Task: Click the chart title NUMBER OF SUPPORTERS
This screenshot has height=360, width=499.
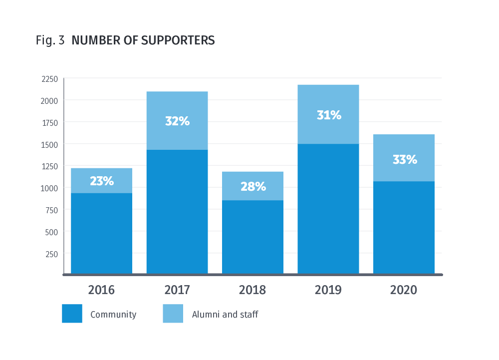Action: pos(143,41)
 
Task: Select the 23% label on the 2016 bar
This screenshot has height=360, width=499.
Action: pos(102,181)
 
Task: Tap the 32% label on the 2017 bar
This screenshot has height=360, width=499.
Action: pos(177,121)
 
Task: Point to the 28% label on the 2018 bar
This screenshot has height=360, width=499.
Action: pos(253,187)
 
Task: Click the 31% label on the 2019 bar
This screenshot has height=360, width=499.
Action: pos(329,115)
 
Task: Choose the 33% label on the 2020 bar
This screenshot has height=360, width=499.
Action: pos(404,160)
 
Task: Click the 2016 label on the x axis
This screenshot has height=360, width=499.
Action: pos(101,290)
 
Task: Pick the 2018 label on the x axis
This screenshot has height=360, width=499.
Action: pos(252,290)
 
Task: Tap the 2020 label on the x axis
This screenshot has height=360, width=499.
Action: pos(404,290)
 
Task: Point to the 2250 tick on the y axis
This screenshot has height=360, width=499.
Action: pos(49,79)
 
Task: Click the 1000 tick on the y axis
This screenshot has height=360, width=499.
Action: pos(49,188)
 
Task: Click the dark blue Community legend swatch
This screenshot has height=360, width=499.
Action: pos(72,314)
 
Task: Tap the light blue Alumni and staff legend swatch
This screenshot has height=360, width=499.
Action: pos(173,314)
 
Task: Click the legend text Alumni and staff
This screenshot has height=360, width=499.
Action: pos(225,315)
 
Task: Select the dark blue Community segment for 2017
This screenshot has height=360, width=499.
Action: pos(177,212)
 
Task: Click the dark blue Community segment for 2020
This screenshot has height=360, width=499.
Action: pos(404,228)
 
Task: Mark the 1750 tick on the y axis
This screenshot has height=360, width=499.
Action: pos(49,122)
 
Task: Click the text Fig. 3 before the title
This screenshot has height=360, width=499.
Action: pos(50,41)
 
